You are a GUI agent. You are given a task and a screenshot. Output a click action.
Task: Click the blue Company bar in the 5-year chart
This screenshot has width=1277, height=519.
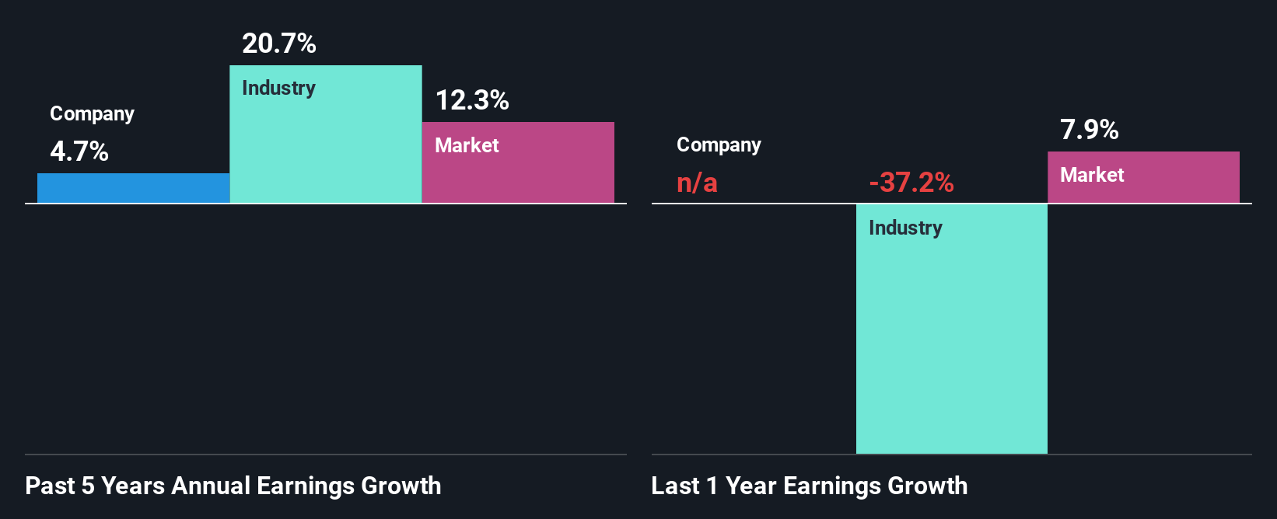click(133, 188)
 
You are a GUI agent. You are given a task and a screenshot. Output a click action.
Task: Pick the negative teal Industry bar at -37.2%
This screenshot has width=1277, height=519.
click(951, 342)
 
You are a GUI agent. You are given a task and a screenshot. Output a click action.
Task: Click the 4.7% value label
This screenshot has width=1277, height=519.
click(79, 152)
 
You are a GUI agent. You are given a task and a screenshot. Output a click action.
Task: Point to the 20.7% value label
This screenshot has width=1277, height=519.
click(279, 44)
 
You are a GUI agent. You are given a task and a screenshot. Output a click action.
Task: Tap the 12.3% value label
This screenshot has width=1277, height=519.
click(472, 100)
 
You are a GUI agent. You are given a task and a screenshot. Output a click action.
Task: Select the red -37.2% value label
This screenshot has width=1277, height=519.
click(911, 183)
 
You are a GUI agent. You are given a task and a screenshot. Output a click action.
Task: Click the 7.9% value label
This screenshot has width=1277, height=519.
click(1089, 130)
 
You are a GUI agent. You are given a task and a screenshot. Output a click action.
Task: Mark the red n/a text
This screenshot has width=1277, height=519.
click(697, 183)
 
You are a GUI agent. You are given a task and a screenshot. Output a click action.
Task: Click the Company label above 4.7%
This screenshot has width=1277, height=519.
click(92, 114)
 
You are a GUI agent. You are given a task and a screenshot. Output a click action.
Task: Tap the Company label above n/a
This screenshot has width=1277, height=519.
click(719, 145)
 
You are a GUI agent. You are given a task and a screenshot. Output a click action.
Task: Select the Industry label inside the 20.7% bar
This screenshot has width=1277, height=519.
click(278, 88)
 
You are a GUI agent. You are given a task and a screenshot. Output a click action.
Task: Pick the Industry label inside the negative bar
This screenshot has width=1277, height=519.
click(905, 228)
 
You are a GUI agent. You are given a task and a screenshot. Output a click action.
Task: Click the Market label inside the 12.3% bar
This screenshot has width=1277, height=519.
click(467, 145)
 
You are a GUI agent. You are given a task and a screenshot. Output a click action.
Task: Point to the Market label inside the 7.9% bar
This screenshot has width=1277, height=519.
click(1092, 175)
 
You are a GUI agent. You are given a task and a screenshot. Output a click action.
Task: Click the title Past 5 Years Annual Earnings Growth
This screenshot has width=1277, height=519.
click(233, 486)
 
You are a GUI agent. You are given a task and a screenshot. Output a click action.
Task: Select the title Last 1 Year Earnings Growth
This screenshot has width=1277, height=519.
click(809, 486)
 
